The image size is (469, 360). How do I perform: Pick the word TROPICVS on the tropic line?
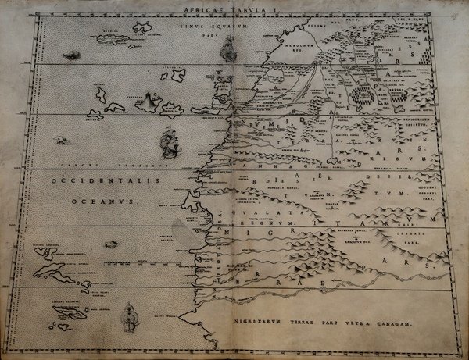(x=150, y=166)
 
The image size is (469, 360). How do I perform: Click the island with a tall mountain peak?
(x=149, y=101)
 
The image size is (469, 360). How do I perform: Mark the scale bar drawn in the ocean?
(x=118, y=244)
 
